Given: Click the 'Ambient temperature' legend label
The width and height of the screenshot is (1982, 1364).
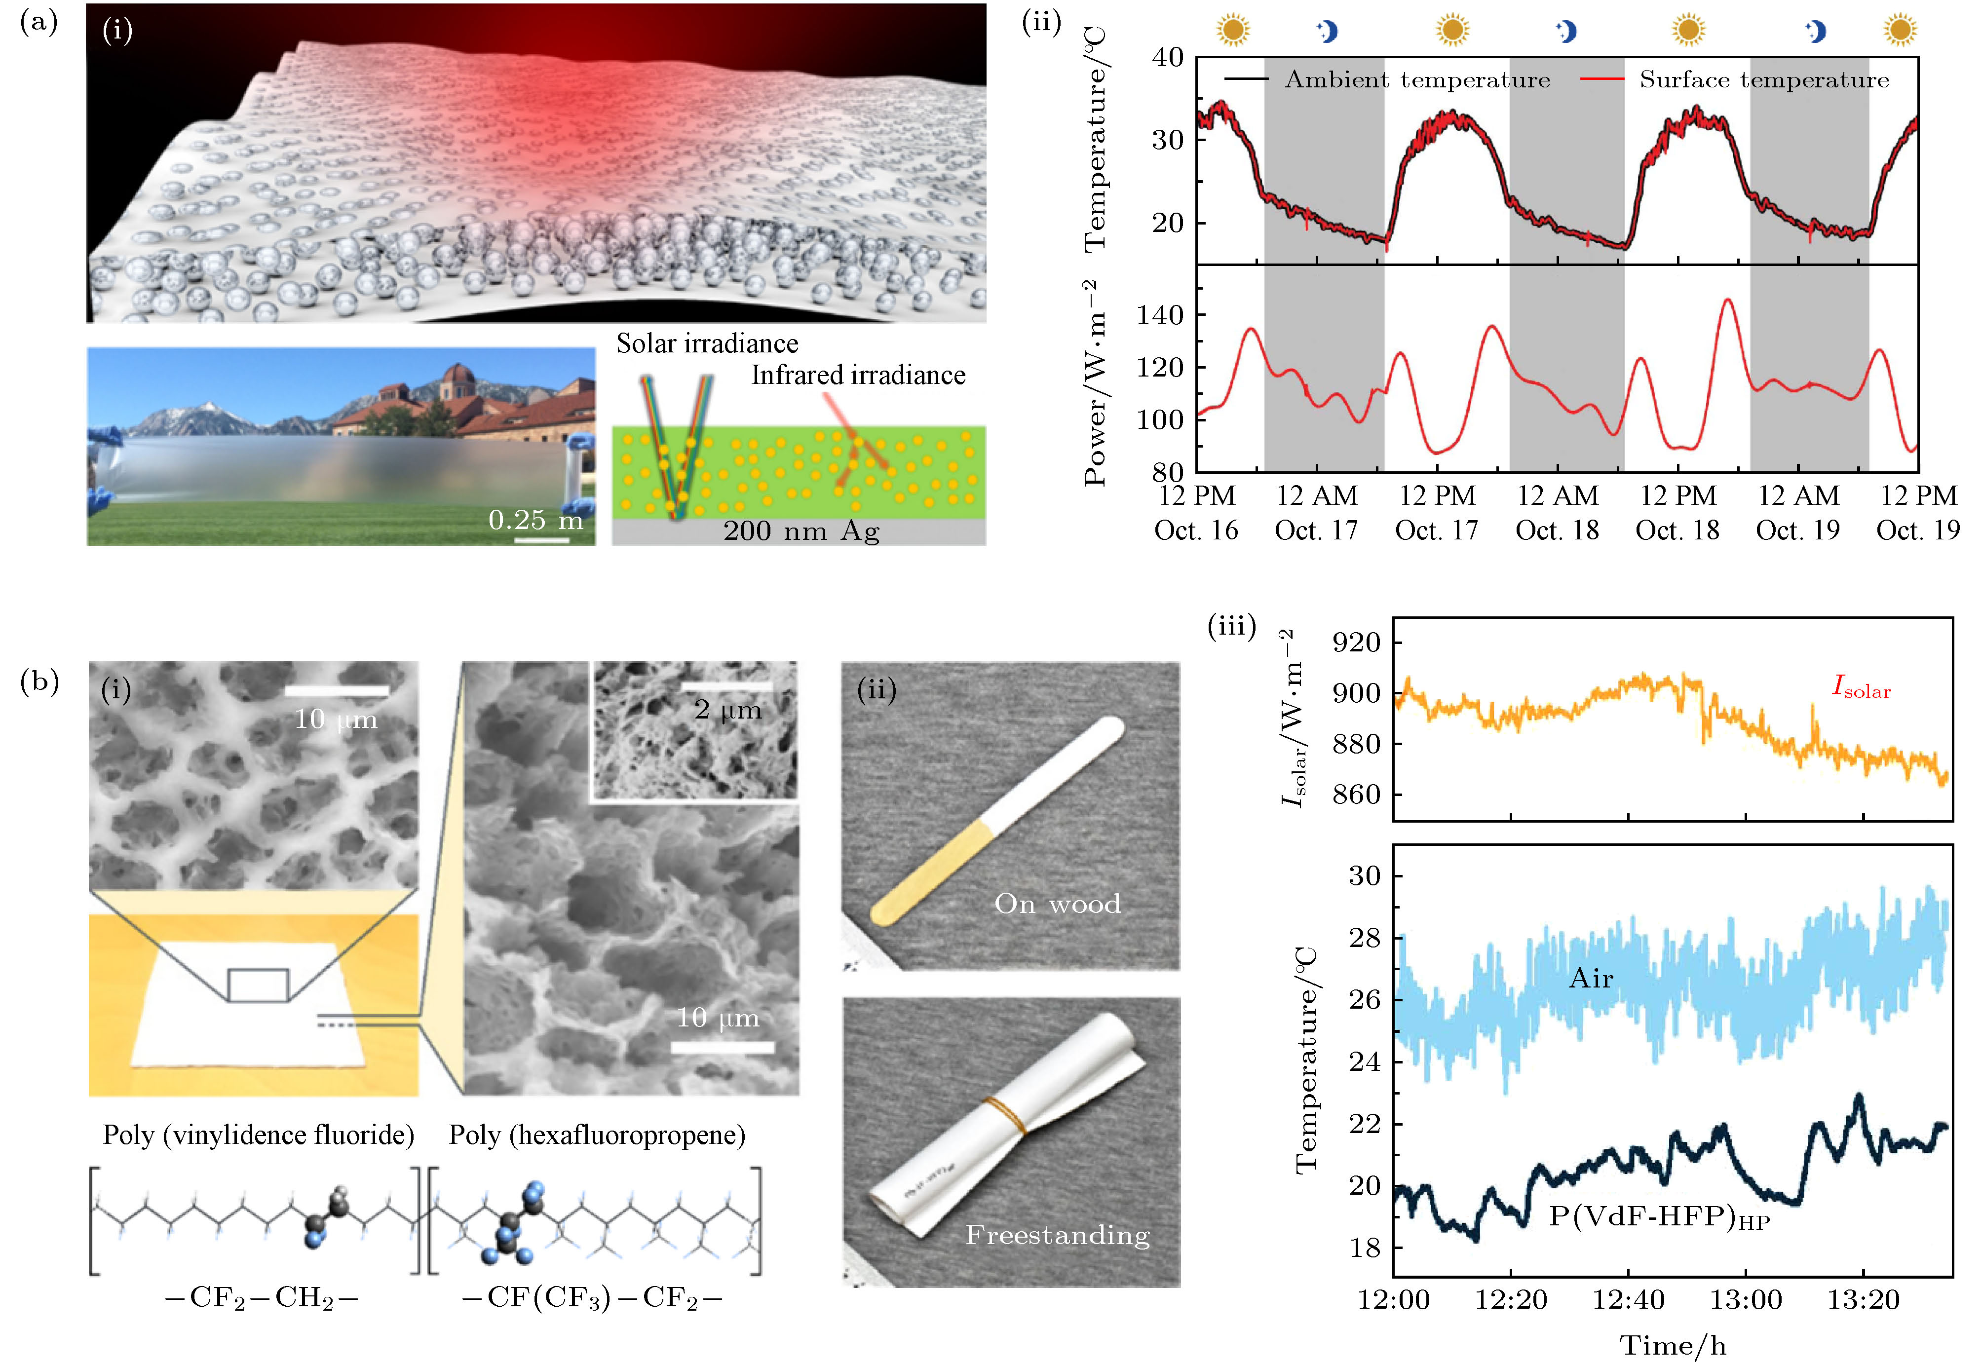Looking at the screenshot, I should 1416,80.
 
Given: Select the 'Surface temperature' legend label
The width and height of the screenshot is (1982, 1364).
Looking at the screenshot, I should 1763,80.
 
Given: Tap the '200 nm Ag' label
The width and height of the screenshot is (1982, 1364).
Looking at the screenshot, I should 801,531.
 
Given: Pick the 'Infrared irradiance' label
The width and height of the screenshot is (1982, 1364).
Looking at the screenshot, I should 858,375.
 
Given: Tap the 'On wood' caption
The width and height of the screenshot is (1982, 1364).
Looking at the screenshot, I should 1057,904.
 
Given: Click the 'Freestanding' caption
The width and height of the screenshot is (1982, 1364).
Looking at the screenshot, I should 1057,1235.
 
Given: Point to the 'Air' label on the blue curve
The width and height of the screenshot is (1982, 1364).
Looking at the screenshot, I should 1591,978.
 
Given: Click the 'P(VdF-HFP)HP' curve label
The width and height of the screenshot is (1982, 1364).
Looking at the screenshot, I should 1658,1216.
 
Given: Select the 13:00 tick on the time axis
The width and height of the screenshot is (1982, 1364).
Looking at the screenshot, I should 1745,1300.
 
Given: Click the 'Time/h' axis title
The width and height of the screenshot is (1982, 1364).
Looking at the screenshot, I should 1673,1346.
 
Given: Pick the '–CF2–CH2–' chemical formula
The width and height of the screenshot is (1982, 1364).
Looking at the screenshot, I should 261,1298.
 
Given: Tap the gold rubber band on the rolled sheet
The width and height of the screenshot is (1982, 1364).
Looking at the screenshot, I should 1005,1115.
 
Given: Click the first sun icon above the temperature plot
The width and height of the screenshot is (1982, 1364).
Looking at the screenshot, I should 1232,31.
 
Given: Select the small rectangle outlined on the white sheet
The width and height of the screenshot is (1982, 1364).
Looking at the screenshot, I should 258,985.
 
